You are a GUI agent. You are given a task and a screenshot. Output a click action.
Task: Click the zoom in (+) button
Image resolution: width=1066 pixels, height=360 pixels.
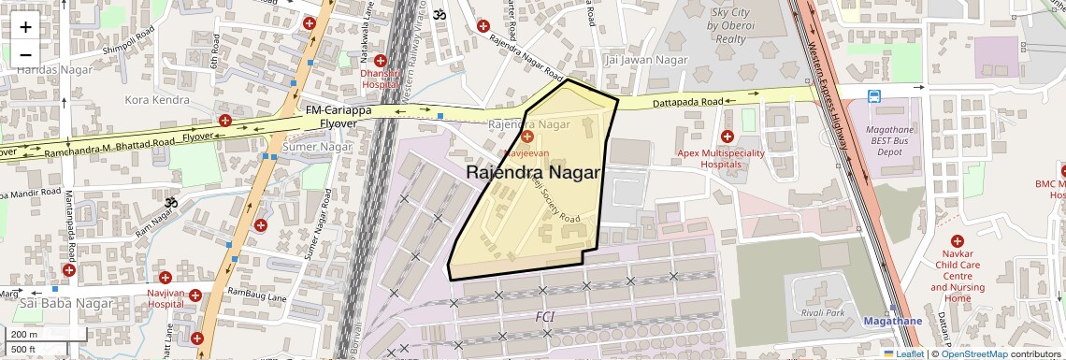[25, 26]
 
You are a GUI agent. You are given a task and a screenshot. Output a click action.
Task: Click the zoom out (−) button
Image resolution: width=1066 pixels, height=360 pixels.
[25, 54]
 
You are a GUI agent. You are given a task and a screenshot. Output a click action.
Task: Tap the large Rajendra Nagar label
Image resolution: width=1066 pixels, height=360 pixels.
[532, 173]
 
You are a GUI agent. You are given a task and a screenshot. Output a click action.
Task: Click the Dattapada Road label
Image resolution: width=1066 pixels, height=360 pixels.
[688, 101]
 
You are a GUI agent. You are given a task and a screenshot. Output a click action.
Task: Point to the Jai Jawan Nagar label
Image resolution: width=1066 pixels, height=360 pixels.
[647, 60]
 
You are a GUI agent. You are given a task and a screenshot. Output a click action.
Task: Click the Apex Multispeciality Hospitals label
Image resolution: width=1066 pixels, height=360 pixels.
[721, 158]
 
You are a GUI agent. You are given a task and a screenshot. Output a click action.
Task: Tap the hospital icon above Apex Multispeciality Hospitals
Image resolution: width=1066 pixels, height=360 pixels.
[727, 137]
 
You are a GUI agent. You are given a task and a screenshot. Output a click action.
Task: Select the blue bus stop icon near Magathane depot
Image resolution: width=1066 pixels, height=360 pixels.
[873, 95]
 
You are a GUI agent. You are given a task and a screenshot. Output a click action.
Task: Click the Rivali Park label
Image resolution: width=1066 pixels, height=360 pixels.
[822, 312]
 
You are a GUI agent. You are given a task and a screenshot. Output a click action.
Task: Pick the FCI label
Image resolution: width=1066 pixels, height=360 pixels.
[544, 317]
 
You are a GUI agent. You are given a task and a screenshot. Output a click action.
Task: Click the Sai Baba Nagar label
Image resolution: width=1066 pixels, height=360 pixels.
[53, 304]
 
